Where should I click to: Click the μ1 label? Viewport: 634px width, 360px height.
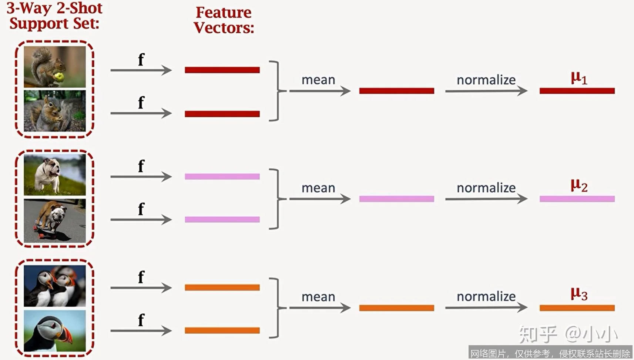579,78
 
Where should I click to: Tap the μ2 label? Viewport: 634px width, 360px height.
579,185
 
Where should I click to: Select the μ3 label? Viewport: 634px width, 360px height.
579,294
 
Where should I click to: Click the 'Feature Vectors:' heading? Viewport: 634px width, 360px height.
224,20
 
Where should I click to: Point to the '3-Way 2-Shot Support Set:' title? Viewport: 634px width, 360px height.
54,16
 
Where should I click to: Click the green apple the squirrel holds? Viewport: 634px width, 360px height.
59,77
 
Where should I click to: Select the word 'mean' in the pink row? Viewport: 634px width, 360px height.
318,188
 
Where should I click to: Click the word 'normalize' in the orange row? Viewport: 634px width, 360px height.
486,296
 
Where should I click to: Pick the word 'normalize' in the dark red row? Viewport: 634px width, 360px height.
486,80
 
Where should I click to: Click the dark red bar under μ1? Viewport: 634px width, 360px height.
577,91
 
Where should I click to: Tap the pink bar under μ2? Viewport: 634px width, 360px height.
577,199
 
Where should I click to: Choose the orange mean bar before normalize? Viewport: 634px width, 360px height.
396,308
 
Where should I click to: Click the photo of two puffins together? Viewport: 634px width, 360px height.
55,286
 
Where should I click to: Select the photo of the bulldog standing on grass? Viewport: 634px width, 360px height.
55,175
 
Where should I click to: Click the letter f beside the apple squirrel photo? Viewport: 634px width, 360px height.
141,59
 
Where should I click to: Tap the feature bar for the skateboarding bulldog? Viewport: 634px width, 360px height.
222,220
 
